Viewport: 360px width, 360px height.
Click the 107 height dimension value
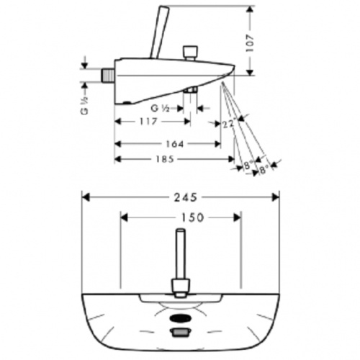250,43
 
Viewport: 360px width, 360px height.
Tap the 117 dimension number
148,122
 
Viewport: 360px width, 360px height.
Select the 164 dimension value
175,144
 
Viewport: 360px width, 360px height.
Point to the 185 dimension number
165,159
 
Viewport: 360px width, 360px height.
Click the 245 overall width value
186,197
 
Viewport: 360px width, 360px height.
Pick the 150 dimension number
192,217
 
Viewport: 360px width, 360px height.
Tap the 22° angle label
228,125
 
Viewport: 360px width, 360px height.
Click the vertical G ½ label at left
85,106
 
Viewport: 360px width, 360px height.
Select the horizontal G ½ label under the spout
160,109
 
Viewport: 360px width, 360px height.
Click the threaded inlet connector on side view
107,75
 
